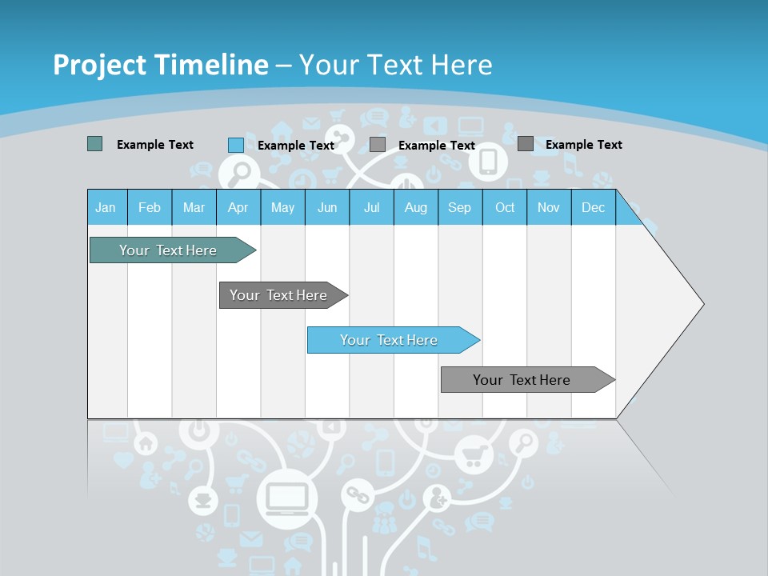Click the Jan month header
pyautogui.click(x=106, y=207)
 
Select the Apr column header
pyautogui.click(x=238, y=207)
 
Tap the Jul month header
pyautogui.click(x=371, y=207)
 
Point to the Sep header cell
pyautogui.click(x=459, y=207)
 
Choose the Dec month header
pyautogui.click(x=593, y=207)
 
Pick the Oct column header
pyautogui.click(x=505, y=207)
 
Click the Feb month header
pyautogui.click(x=150, y=207)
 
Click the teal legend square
pyautogui.click(x=94, y=144)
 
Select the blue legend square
pyautogui.click(x=235, y=145)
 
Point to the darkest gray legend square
pyautogui.click(x=525, y=143)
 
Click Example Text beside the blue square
pyautogui.click(x=295, y=145)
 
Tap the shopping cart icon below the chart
pyautogui.click(x=472, y=456)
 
